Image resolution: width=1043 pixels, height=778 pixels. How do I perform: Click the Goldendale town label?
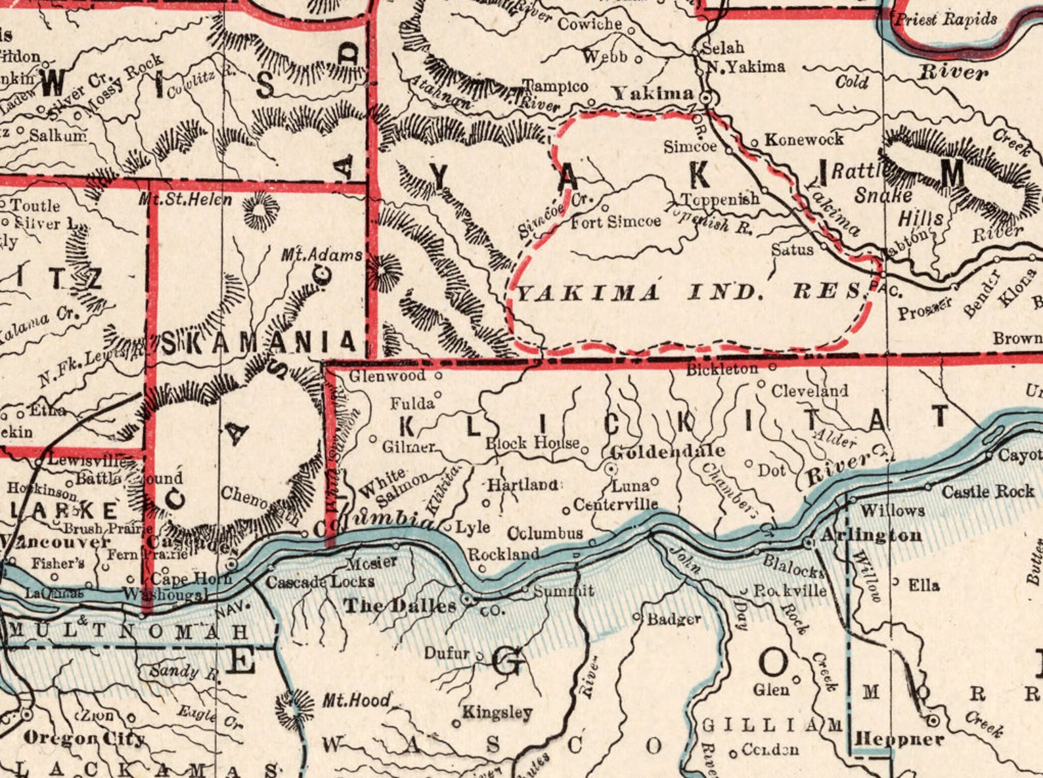click(x=668, y=451)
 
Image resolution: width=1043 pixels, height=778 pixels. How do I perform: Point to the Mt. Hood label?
click(x=356, y=700)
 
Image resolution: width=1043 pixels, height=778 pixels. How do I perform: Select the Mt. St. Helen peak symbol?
click(x=260, y=212)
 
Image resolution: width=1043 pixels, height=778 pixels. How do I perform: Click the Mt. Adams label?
click(x=322, y=255)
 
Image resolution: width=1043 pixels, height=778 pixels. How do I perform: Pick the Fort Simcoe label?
click(x=615, y=222)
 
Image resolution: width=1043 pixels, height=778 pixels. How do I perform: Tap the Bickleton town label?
click(x=722, y=370)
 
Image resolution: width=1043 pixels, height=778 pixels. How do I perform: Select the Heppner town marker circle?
click(x=933, y=722)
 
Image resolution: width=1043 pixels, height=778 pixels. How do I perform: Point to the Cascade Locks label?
click(x=320, y=582)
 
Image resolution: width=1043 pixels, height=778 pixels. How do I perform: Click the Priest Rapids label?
click(x=946, y=20)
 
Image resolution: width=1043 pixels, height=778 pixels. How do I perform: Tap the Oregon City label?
click(x=84, y=738)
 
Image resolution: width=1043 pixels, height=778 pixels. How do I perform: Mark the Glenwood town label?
click(x=387, y=376)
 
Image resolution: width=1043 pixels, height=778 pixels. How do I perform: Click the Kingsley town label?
click(x=497, y=712)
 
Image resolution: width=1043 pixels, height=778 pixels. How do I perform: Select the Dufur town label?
click(x=447, y=653)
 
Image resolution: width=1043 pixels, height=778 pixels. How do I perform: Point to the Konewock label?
click(x=804, y=139)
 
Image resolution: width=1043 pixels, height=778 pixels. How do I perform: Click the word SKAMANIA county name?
click(x=258, y=343)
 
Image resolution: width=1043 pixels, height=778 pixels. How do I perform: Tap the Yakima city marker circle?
click(x=707, y=98)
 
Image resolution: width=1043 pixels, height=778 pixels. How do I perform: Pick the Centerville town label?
click(x=615, y=504)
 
